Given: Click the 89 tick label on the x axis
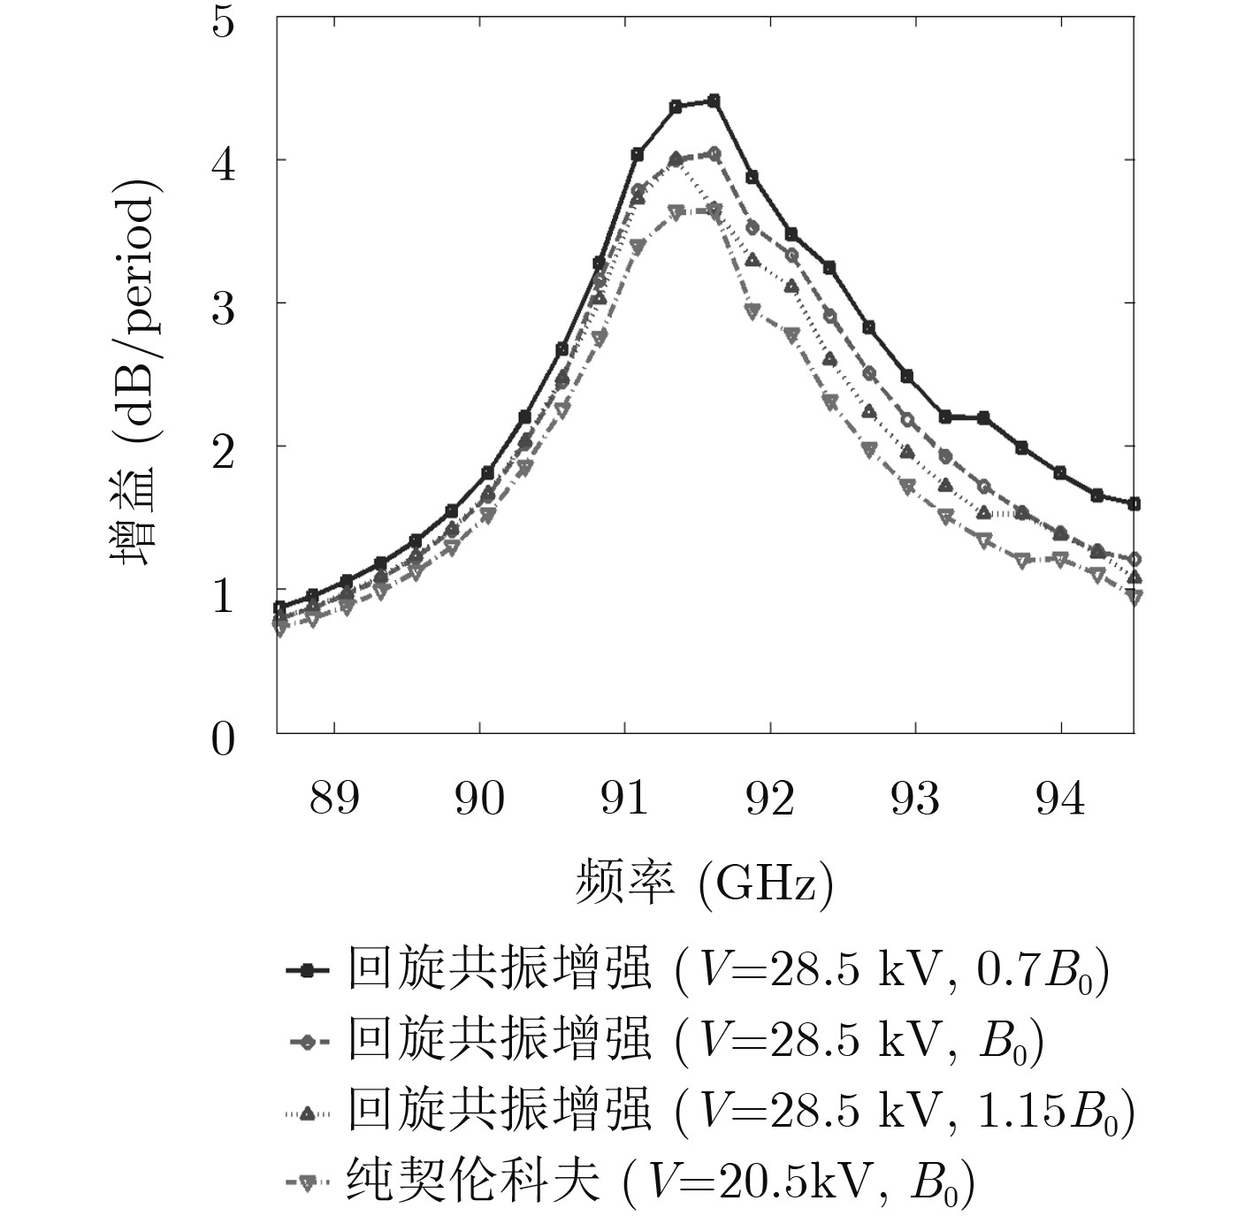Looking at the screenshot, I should (334, 799).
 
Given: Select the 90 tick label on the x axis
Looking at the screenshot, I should (479, 799).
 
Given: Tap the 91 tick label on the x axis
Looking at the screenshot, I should (625, 799).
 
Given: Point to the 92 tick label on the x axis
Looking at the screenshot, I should (770, 799).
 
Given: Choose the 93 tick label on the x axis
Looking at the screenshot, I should (915, 799).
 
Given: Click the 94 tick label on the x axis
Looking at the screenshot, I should (1060, 799).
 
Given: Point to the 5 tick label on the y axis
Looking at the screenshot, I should (225, 21).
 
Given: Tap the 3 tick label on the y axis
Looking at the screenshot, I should (225, 305).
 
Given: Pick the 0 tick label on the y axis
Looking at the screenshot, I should (225, 737).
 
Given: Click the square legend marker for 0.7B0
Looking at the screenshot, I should (307, 971).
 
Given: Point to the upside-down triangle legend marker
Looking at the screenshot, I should (307, 1182).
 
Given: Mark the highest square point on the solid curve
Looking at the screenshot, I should (714, 101).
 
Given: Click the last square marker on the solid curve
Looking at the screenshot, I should (1134, 504).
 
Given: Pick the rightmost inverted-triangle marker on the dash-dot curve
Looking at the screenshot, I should (1134, 597).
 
